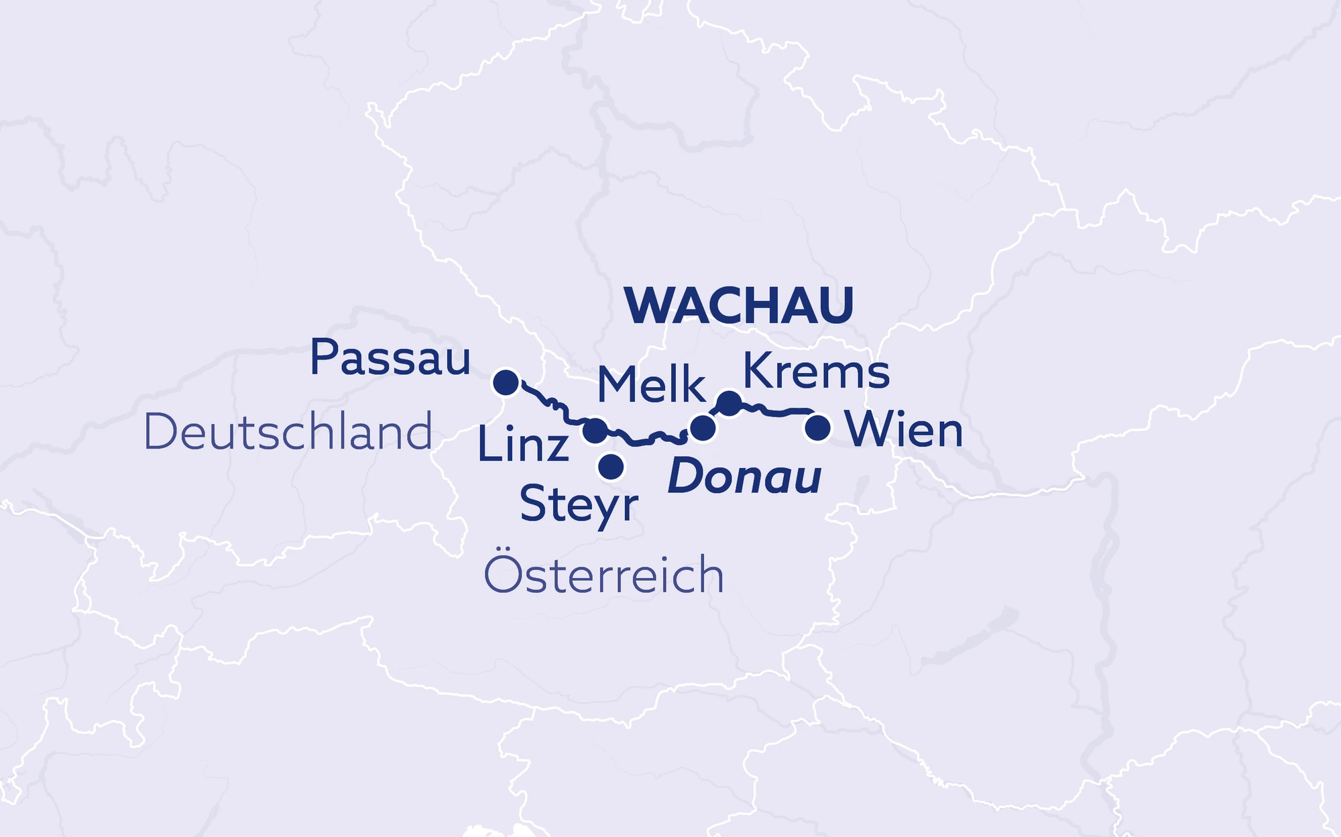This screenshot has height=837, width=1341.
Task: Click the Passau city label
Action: coord(390,359)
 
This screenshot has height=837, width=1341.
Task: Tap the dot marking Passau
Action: coord(506,382)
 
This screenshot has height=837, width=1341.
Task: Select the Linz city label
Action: coord(523,445)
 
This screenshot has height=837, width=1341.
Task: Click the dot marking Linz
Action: coord(595,431)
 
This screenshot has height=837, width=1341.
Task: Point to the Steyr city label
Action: coord(579,505)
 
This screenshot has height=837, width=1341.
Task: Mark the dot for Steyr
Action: coord(611,466)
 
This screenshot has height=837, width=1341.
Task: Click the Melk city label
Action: coord(651,386)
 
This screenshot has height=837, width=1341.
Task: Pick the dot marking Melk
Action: coord(702,427)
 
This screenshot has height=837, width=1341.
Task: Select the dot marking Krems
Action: coord(730,402)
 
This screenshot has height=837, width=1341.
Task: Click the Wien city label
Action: coord(904,430)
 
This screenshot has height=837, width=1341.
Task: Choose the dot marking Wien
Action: coord(817,427)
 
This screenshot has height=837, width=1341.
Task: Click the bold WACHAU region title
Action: coord(739,306)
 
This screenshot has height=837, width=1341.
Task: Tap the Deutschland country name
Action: coord(288,433)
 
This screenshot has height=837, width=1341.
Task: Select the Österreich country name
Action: coord(603,575)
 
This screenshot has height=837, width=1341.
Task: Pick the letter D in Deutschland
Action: coord(158,433)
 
